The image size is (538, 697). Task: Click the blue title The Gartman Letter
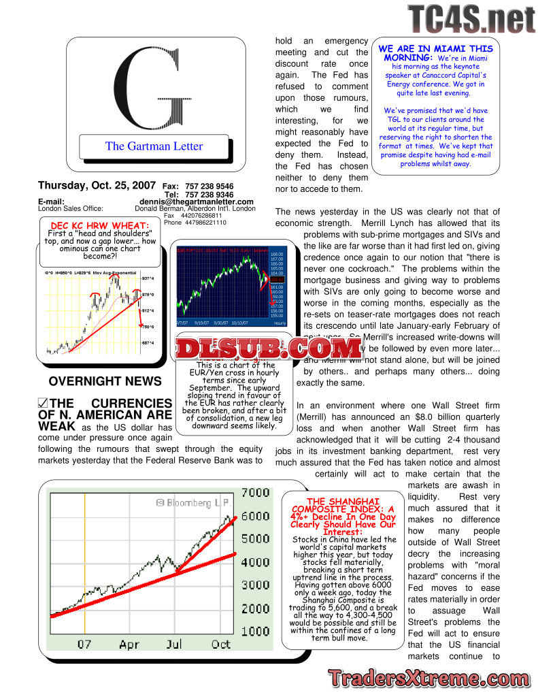[154, 146]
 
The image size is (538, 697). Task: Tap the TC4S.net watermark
[471, 18]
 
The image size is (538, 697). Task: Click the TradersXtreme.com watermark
[428, 679]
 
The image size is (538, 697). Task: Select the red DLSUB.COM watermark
[268, 349]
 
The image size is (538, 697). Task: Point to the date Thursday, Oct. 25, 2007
[96, 185]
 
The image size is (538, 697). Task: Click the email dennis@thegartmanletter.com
[197, 201]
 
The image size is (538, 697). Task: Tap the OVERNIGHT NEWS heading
[105, 381]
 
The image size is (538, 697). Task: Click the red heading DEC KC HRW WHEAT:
[100, 226]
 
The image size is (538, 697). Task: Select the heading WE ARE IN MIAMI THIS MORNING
[435, 53]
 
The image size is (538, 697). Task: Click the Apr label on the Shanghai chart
[129, 644]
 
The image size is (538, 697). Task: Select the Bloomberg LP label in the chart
[192, 503]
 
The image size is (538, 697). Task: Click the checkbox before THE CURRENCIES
[43, 404]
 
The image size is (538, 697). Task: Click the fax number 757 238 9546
[209, 186]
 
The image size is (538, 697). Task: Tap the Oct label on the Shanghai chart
[221, 644]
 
